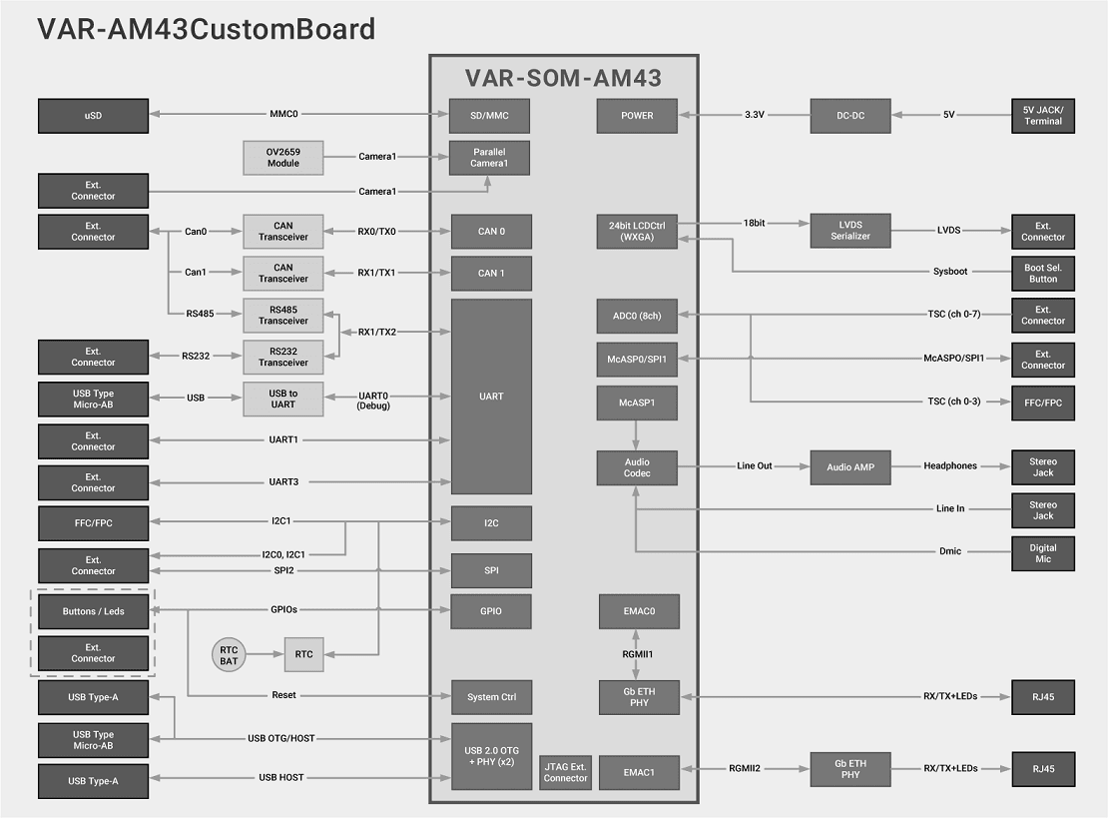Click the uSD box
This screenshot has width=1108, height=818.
pos(93,116)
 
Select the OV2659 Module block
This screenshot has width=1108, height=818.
pos(283,158)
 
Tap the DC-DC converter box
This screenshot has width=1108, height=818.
pos(849,116)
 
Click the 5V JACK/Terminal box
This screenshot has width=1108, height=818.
pos(1043,116)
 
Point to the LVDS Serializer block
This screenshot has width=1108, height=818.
pos(849,231)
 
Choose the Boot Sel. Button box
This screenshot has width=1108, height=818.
pos(1043,273)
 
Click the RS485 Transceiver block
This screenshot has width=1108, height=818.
pos(283,316)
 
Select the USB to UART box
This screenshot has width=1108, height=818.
pos(283,400)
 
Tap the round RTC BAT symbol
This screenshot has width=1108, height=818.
pos(229,655)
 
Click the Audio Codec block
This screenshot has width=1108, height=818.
pos(637,467)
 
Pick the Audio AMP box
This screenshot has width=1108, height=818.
pos(849,467)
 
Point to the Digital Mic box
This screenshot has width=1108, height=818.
pos(1043,552)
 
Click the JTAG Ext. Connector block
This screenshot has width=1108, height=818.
pos(565,772)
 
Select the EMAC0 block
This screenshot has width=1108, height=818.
pos(639,611)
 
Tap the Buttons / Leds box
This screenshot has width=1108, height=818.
pos(93,611)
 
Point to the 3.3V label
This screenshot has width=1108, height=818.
pos(754,116)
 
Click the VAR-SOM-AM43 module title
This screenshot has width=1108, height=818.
pos(563,78)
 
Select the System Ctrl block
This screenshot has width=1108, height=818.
pos(490,697)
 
